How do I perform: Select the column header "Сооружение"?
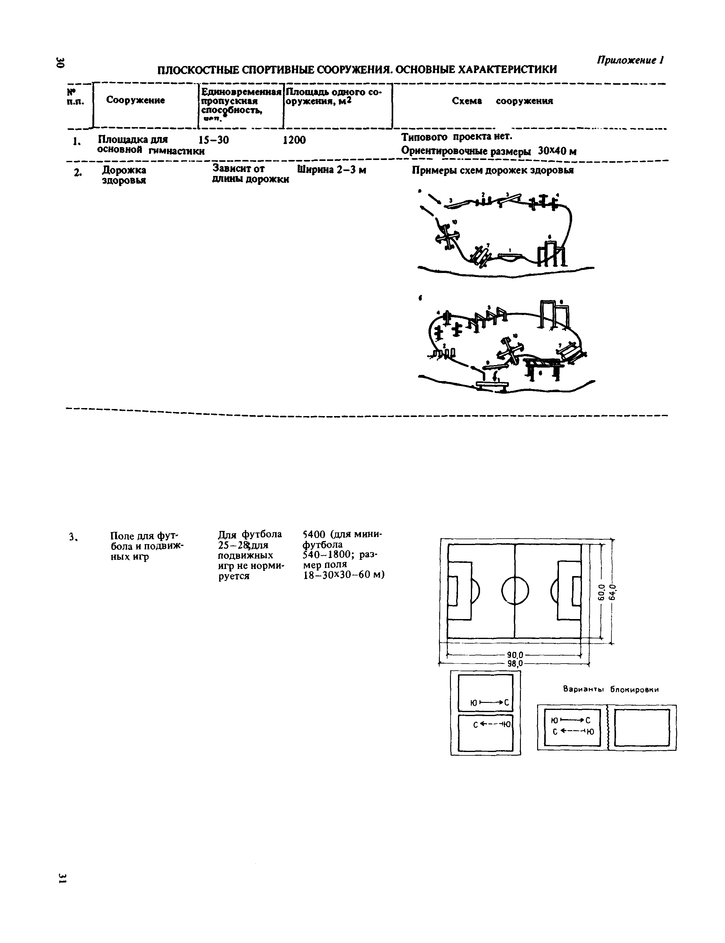point(135,100)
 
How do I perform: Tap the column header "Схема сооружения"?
point(502,101)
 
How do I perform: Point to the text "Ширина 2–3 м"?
point(331,170)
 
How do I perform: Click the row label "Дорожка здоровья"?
point(124,175)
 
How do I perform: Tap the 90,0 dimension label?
point(515,655)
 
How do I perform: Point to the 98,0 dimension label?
point(515,663)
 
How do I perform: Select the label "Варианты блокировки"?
point(611,690)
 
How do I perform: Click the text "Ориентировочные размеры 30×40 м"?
point(489,151)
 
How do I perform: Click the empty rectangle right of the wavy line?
point(642,727)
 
